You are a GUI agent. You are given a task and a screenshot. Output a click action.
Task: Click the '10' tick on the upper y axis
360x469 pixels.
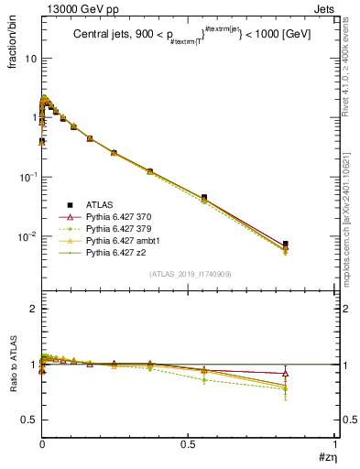click(30, 58)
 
